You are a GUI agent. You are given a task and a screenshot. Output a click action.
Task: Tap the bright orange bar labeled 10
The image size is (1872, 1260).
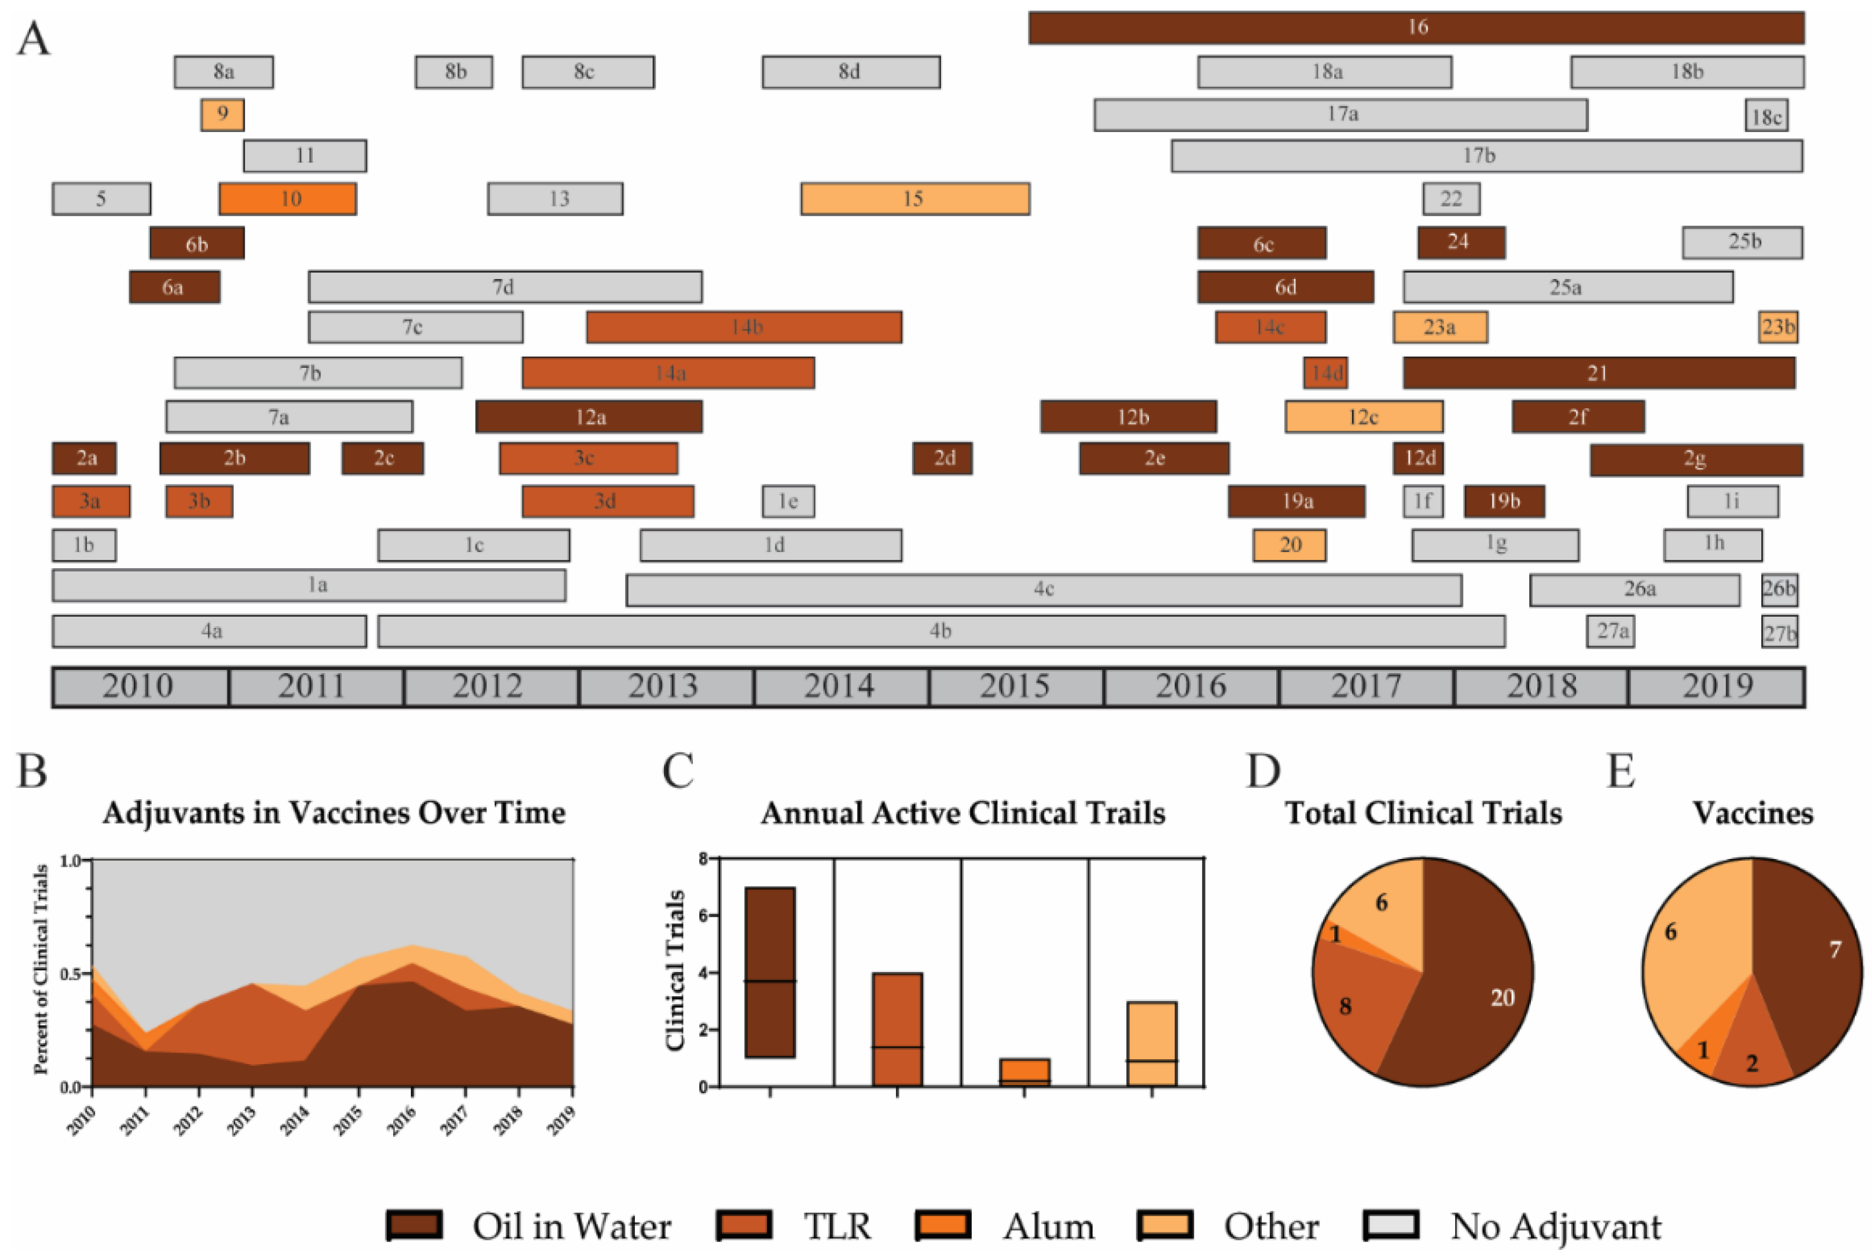pos(288,199)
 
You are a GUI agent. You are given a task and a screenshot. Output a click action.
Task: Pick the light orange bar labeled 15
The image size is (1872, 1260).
pos(914,199)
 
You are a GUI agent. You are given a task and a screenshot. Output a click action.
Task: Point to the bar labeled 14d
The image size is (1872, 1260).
pos(1325,373)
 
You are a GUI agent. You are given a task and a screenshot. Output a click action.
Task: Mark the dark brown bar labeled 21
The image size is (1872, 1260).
pos(1598,373)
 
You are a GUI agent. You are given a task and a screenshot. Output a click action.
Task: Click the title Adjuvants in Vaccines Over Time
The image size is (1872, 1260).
pos(333,813)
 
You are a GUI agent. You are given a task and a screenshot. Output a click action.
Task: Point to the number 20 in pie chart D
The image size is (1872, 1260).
pos(1502,998)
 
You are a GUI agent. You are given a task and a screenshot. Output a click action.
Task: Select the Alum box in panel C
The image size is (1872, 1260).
pos(1025,1073)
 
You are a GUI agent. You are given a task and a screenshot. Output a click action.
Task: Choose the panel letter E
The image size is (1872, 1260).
pos(1620,771)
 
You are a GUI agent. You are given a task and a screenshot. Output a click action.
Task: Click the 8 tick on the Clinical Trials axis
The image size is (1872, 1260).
pos(704,859)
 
